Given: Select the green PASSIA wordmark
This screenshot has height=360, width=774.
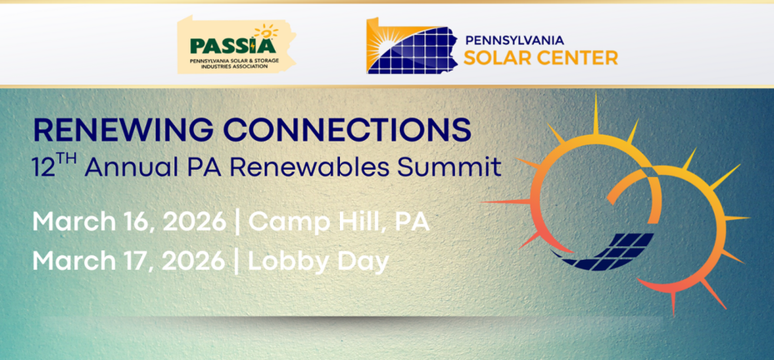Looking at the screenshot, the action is [x=233, y=46].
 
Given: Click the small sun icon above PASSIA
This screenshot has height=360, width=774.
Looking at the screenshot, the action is [x=266, y=31].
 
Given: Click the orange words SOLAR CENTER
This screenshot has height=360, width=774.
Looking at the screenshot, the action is [x=541, y=57].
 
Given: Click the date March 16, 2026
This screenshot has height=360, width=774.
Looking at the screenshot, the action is [x=129, y=222].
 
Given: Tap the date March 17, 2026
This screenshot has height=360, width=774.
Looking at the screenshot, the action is [x=129, y=262].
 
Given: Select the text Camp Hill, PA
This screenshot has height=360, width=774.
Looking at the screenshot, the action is [x=338, y=222].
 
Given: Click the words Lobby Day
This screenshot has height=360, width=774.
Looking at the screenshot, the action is [x=318, y=262].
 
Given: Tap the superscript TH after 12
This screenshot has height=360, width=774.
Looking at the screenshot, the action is [x=65, y=158].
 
